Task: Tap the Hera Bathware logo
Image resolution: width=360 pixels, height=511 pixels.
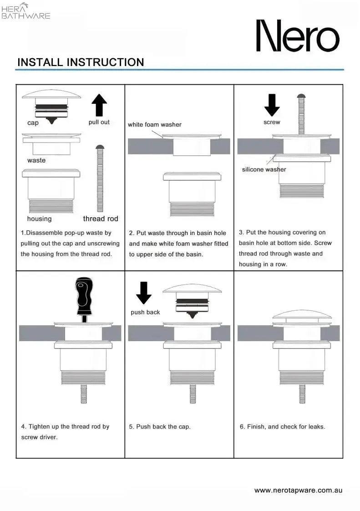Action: coord(26,11)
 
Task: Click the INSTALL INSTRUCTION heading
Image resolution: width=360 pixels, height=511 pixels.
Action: coord(81,62)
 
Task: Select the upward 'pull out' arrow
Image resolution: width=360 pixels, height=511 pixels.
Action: coord(99,105)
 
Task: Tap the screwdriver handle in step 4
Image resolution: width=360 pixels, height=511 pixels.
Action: coord(84,294)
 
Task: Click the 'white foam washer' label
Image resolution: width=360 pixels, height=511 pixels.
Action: coord(154,124)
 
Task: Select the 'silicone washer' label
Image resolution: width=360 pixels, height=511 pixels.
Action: coord(264,169)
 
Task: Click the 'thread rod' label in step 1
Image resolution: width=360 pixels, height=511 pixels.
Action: coord(100,219)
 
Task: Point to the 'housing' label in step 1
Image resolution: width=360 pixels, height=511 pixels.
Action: coord(40,219)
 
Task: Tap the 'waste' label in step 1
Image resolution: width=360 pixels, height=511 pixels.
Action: coord(36,160)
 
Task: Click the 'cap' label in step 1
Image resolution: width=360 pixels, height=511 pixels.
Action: coord(33,123)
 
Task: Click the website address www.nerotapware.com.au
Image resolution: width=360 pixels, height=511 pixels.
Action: coord(298,491)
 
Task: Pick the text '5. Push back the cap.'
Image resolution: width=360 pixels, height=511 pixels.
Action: coord(160,427)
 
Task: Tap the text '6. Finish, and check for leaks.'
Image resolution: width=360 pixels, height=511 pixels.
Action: coord(283,427)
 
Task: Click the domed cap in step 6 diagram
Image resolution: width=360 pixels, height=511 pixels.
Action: coord(299,316)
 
